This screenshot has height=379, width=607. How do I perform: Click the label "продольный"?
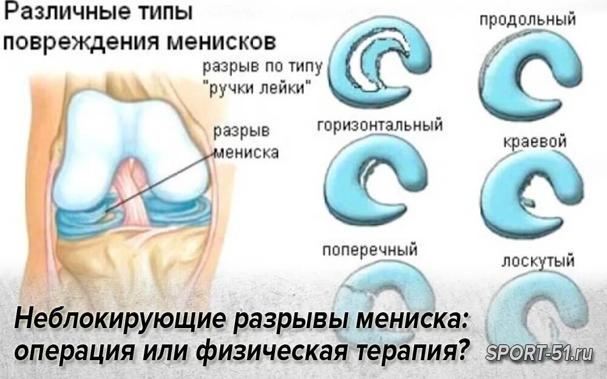point(527,19)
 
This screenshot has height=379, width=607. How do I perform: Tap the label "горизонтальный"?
point(379,126)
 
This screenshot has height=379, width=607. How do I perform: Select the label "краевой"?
point(535,142)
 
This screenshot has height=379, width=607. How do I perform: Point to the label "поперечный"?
point(370,249)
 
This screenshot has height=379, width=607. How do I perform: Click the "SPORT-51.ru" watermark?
point(539,354)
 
